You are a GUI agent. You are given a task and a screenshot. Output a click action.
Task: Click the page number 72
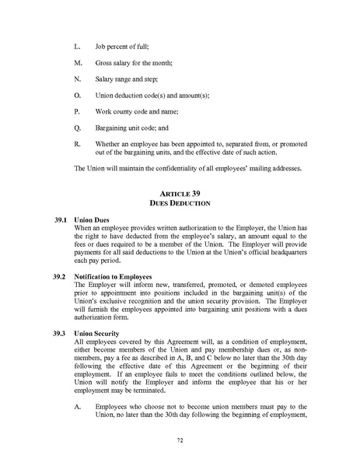pos(180,440)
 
